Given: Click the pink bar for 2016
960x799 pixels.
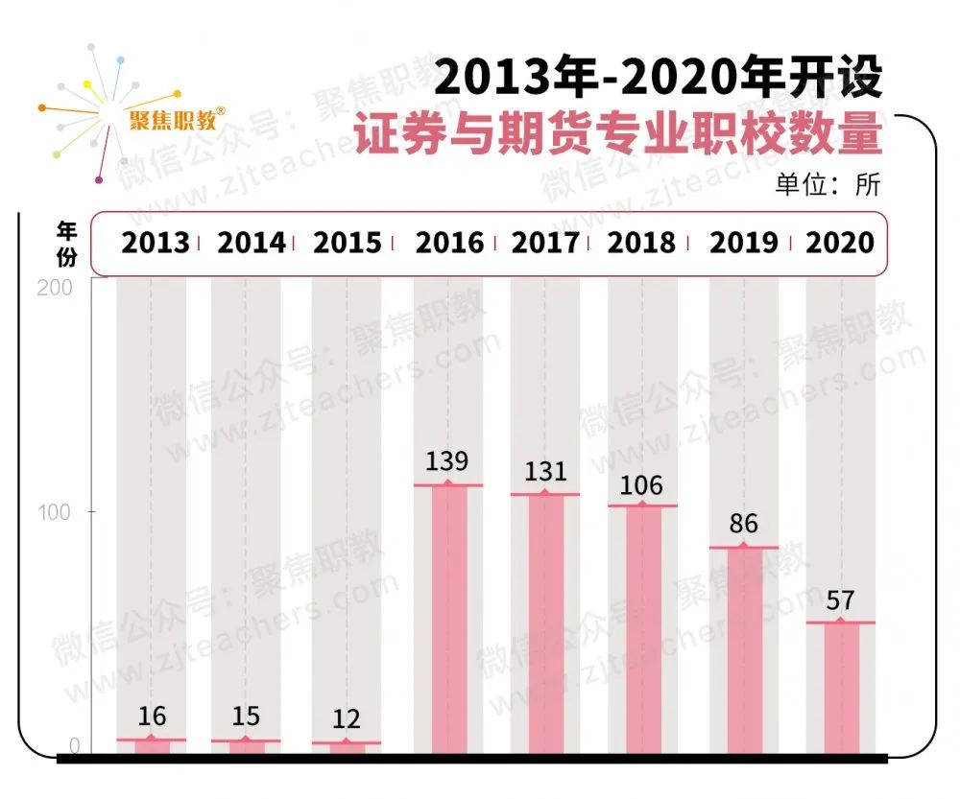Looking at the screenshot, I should pyautogui.click(x=448, y=619).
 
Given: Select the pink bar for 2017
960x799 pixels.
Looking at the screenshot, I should pyautogui.click(x=545, y=623).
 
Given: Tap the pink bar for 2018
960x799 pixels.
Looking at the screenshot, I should pyautogui.click(x=642, y=628).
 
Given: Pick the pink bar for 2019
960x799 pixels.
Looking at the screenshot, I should pyautogui.click(x=743, y=649).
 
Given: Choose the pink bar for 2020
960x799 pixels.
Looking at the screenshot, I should pyautogui.click(x=840, y=687).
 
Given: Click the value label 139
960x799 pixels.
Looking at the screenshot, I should pyautogui.click(x=447, y=461).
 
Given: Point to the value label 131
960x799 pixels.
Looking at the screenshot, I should pyautogui.click(x=545, y=471).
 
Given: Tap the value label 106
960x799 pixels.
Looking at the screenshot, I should pyautogui.click(x=641, y=485).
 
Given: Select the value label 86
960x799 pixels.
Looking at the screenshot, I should pyautogui.click(x=743, y=524).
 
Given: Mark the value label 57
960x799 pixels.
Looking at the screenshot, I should pyautogui.click(x=840, y=601).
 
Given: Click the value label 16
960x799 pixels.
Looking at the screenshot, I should pyautogui.click(x=152, y=716).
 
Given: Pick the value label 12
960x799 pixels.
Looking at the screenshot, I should pyautogui.click(x=346, y=719).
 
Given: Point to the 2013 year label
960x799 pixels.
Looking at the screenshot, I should pyautogui.click(x=155, y=243).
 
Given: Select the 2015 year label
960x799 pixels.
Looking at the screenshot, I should pyautogui.click(x=347, y=243).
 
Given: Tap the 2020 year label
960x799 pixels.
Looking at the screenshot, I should pyautogui.click(x=840, y=243).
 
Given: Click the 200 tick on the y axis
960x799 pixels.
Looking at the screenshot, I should pyautogui.click(x=55, y=288).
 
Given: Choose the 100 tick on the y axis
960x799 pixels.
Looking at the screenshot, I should pyautogui.click(x=55, y=511).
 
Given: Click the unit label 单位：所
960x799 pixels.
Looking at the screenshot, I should pyautogui.click(x=827, y=184).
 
